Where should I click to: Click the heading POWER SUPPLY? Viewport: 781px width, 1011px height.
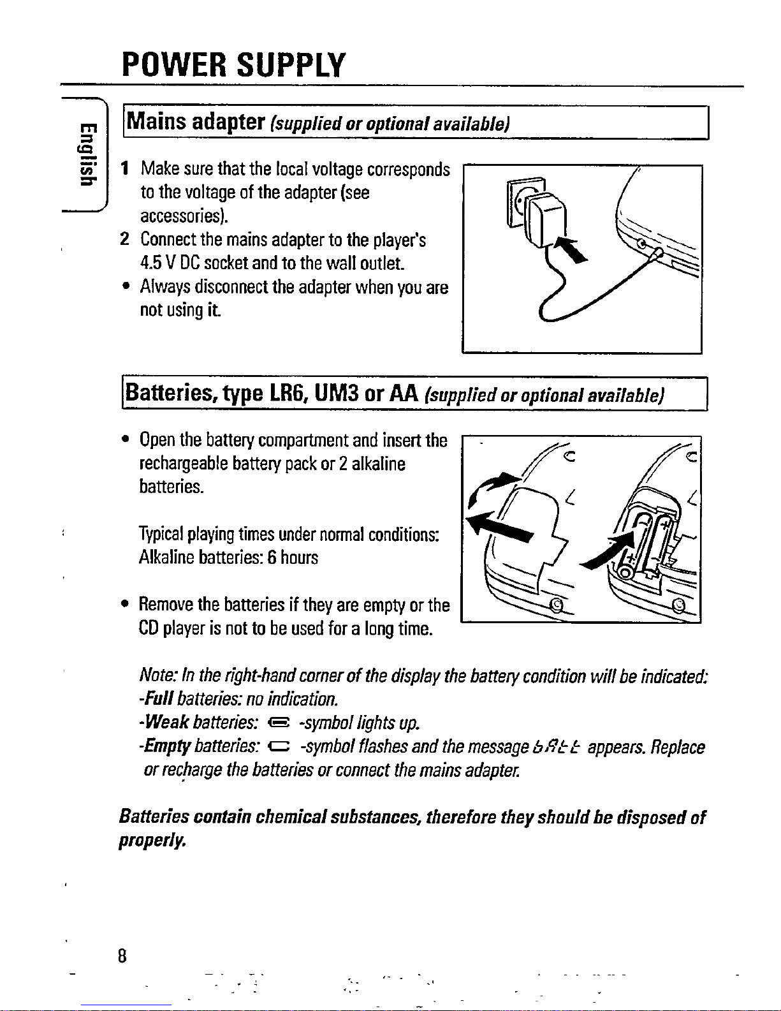(x=233, y=65)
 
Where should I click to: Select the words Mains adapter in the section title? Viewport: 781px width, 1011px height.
(x=195, y=121)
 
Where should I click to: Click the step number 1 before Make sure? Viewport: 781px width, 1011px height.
(x=127, y=169)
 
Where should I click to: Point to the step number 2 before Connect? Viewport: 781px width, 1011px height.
(x=126, y=240)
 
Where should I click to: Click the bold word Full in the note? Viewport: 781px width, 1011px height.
(x=158, y=698)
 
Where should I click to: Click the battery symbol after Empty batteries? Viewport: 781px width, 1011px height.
(x=281, y=747)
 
